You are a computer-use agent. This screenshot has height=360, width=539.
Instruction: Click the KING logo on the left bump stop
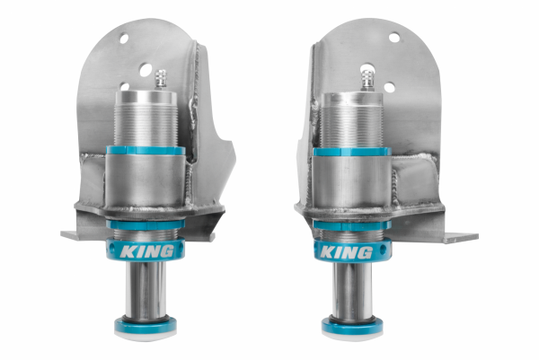(x=145, y=250)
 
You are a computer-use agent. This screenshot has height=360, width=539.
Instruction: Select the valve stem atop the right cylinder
(x=367, y=78)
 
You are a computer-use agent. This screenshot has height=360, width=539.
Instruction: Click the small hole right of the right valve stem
(x=388, y=87)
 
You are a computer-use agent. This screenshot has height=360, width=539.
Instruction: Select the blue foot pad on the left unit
(x=146, y=326)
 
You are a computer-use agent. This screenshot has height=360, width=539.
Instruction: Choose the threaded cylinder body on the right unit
(x=352, y=121)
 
